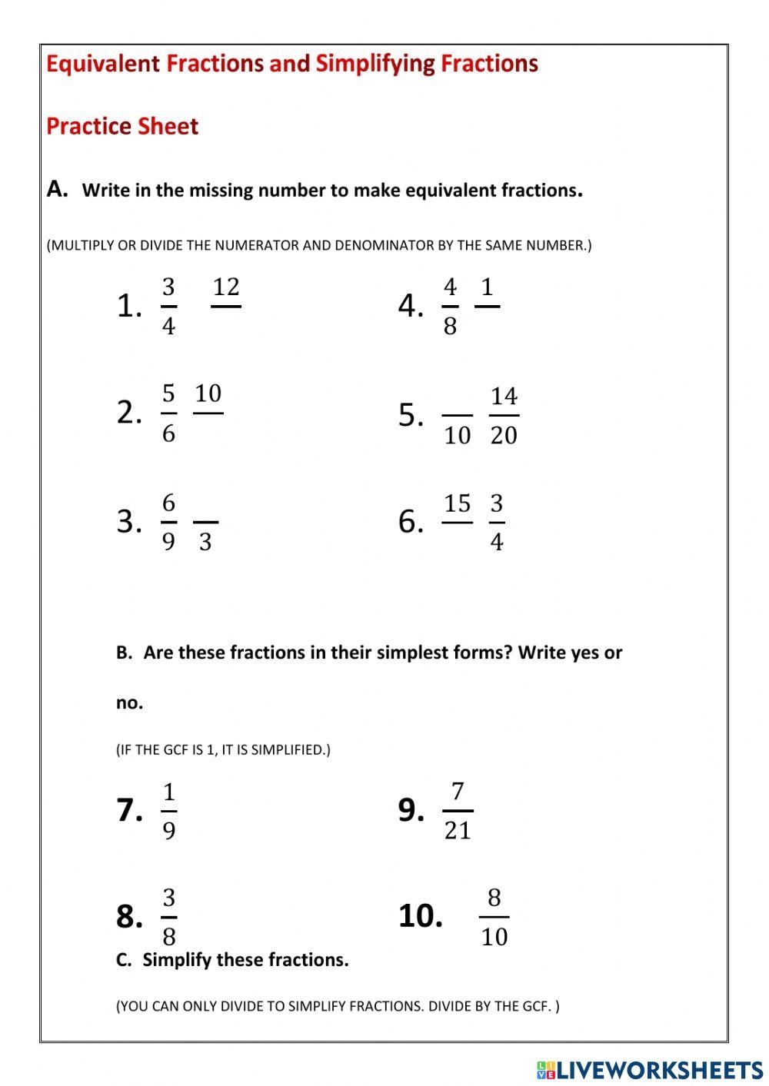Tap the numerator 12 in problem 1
[226, 287]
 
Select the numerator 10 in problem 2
[208, 394]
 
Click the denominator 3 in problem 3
[205, 543]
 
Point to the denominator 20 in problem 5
[504, 436]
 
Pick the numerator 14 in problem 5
[504, 397]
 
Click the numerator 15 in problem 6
[457, 504]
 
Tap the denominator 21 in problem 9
[458, 831]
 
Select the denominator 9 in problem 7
[168, 831]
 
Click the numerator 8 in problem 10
[494, 898]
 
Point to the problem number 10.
[420, 916]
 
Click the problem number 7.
[129, 810]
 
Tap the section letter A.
[57, 189]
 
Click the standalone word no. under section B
[129, 702]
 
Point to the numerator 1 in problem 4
[487, 287]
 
